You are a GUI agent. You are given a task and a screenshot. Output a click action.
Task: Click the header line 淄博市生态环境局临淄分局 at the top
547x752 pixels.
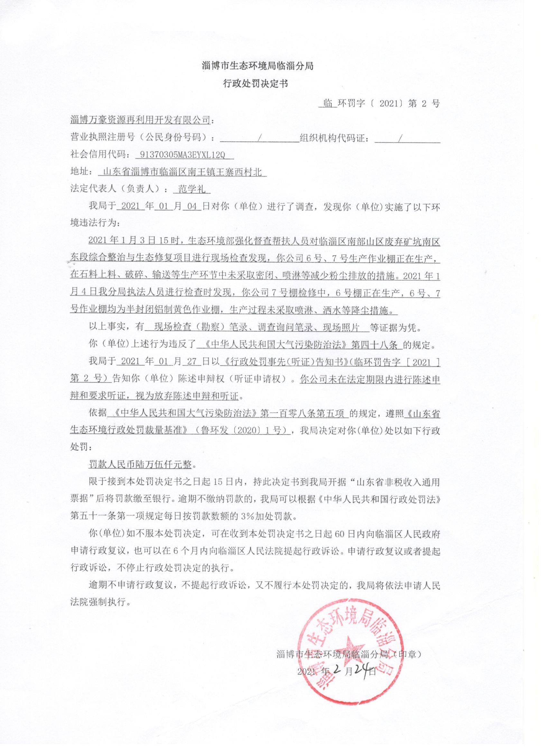click(x=258, y=66)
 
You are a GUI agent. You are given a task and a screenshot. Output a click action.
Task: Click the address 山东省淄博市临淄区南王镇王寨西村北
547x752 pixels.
click(x=183, y=172)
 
